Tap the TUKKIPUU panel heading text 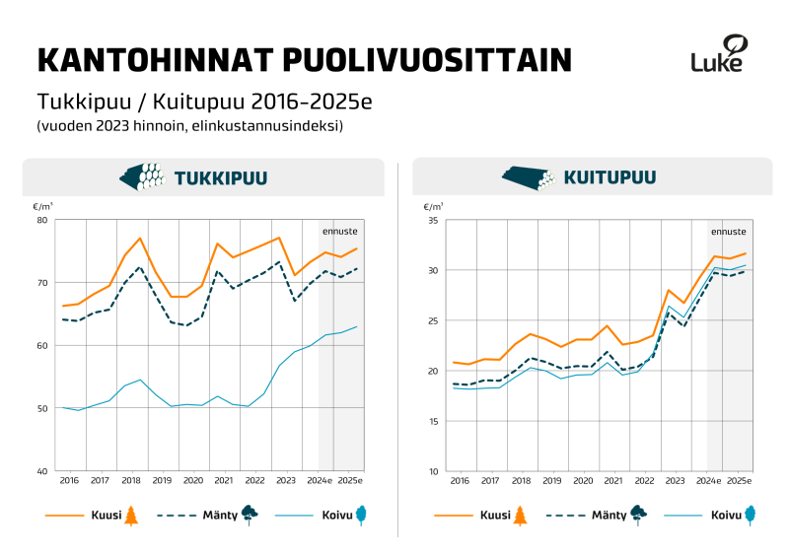tap(221, 178)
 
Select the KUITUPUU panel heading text tap(610, 178)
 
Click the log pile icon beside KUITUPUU tap(530, 177)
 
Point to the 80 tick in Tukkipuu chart tap(41, 220)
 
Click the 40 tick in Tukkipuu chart tap(41, 471)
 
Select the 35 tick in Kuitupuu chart tap(432, 220)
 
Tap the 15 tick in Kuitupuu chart tap(432, 421)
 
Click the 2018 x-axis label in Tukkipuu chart tap(130, 480)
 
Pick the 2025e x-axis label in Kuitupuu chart tap(739, 480)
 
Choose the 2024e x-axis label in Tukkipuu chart tap(319, 480)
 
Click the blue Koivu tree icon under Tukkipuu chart tap(362, 514)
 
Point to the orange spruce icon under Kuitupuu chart tap(521, 514)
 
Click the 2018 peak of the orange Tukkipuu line tap(140, 239)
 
